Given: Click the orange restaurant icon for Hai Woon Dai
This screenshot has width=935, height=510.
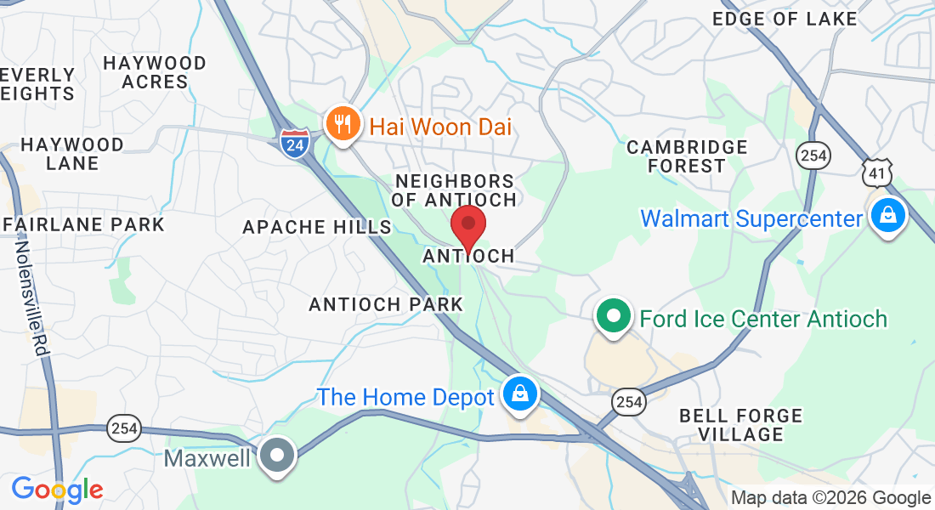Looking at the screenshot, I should coord(343,126).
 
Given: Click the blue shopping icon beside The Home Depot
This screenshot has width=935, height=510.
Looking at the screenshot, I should coord(518,394).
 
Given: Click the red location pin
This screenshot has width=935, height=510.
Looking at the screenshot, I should coord(467,226).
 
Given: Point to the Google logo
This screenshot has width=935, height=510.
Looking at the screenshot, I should coord(57,490).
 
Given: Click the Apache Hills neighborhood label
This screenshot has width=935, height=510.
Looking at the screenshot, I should coord(317,227).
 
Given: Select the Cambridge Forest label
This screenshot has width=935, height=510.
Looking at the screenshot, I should coord(687,156).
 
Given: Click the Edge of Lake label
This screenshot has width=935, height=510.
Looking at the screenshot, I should coord(785,19).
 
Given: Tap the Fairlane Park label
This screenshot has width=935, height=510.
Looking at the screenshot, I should coord(83,224).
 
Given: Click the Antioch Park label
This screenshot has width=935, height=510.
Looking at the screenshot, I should coord(386,304).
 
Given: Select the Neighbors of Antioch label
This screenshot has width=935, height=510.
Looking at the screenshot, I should coord(456,190).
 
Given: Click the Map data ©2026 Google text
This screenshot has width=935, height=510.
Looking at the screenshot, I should coord(831,498).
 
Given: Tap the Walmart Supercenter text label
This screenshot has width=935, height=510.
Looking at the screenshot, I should coord(751,218).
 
